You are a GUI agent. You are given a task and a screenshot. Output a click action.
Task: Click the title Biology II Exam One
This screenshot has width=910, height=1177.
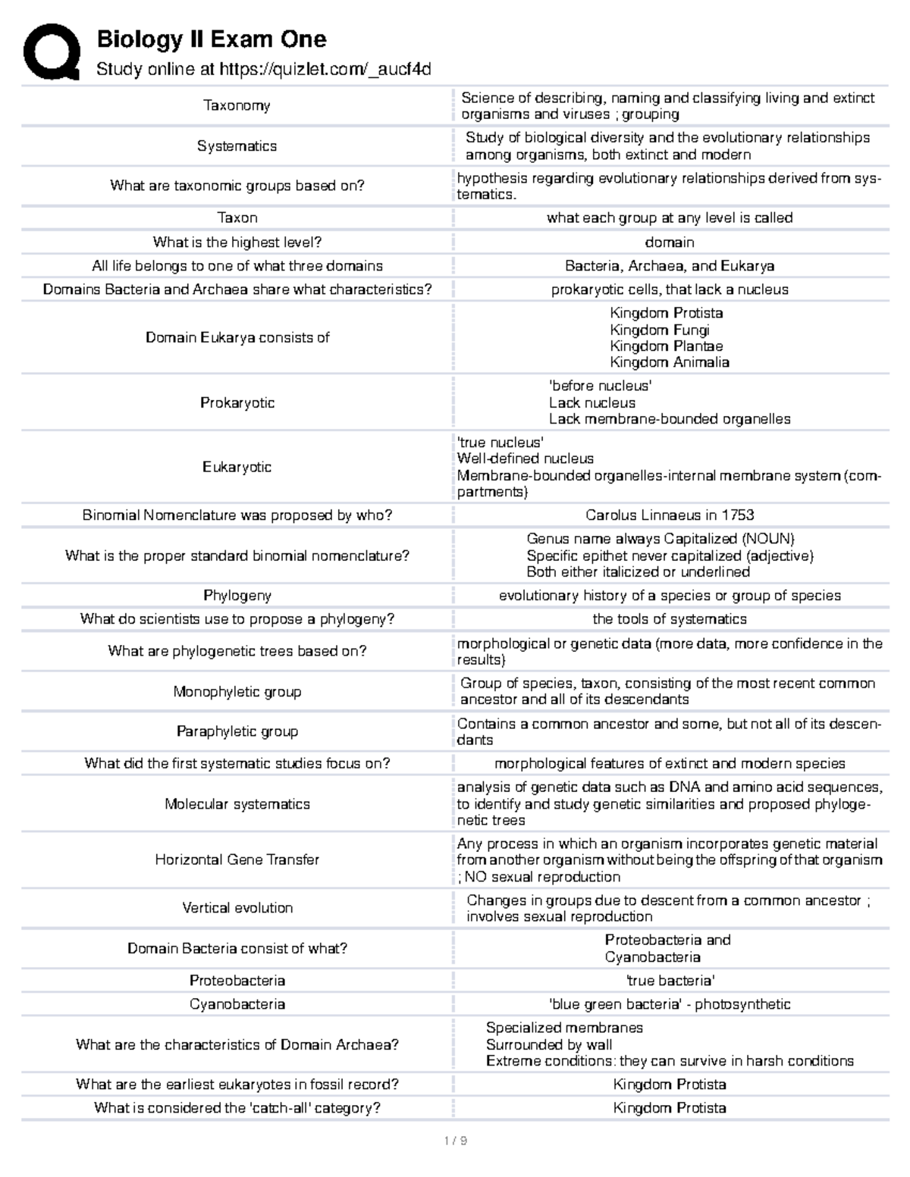(211, 39)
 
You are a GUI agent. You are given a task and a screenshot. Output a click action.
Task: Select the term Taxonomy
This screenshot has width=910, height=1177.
(237, 105)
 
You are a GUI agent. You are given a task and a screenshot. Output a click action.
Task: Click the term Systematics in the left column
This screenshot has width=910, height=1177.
(237, 146)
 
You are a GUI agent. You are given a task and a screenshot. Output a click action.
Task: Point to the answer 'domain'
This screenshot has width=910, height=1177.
(669, 242)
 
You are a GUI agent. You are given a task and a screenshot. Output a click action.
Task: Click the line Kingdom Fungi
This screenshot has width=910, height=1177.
(659, 330)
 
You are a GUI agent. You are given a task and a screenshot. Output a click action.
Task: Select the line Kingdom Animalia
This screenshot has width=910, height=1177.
(669, 362)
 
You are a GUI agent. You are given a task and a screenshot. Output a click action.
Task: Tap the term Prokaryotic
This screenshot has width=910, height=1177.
(237, 402)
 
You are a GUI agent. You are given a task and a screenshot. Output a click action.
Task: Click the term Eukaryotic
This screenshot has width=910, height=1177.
(237, 467)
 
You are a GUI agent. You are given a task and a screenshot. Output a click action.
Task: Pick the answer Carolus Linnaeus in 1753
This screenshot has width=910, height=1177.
(669, 515)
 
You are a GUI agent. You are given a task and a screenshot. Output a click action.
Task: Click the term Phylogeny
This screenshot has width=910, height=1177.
(237, 596)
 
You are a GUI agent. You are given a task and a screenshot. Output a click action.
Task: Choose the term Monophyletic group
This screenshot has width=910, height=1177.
(237, 691)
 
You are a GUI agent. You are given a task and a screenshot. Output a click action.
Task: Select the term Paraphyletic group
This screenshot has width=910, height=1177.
(237, 731)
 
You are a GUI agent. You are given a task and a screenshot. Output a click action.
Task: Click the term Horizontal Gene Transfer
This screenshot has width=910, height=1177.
(237, 859)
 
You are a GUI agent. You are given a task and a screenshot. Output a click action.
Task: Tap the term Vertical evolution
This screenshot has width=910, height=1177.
(237, 908)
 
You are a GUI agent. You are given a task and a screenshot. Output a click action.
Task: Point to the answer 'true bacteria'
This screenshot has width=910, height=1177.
(669, 981)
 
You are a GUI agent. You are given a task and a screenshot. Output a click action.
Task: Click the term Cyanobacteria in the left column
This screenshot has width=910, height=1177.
(237, 1004)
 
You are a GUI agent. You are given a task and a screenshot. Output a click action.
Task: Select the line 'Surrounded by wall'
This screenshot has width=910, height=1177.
(548, 1044)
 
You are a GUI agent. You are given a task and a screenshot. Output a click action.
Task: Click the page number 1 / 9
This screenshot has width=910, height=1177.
(455, 1141)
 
